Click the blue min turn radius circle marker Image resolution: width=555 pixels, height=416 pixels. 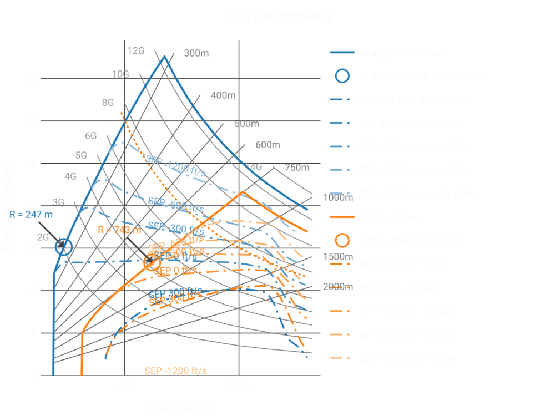pyautogui.click(x=64, y=247)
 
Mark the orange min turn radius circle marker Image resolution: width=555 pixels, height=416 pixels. pyautogui.click(x=152, y=262)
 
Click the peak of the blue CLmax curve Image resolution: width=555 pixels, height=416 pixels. pyautogui.click(x=164, y=55)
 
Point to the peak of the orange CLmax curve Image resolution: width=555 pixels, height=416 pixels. pyautogui.click(x=242, y=192)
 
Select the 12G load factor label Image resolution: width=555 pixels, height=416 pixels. pyautogui.click(x=136, y=51)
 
